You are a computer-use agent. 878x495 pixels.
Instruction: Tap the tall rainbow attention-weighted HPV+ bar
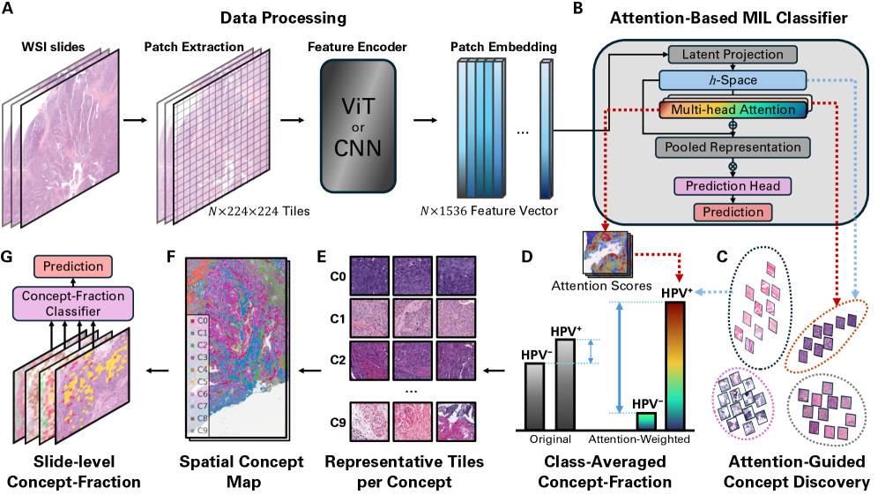pyautogui.click(x=675, y=364)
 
